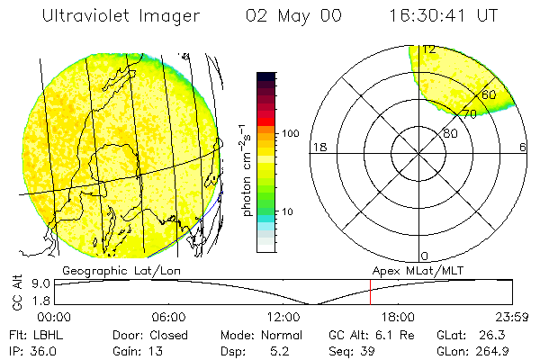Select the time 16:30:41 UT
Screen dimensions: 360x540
[x=443, y=18]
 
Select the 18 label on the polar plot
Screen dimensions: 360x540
[x=318, y=147]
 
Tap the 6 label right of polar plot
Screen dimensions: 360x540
[x=522, y=147]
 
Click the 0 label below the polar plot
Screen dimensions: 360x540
[x=425, y=256]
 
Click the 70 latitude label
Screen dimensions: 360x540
[x=469, y=114]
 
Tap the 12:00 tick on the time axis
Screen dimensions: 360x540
[x=283, y=317]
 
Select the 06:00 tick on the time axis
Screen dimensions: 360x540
[x=168, y=317]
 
